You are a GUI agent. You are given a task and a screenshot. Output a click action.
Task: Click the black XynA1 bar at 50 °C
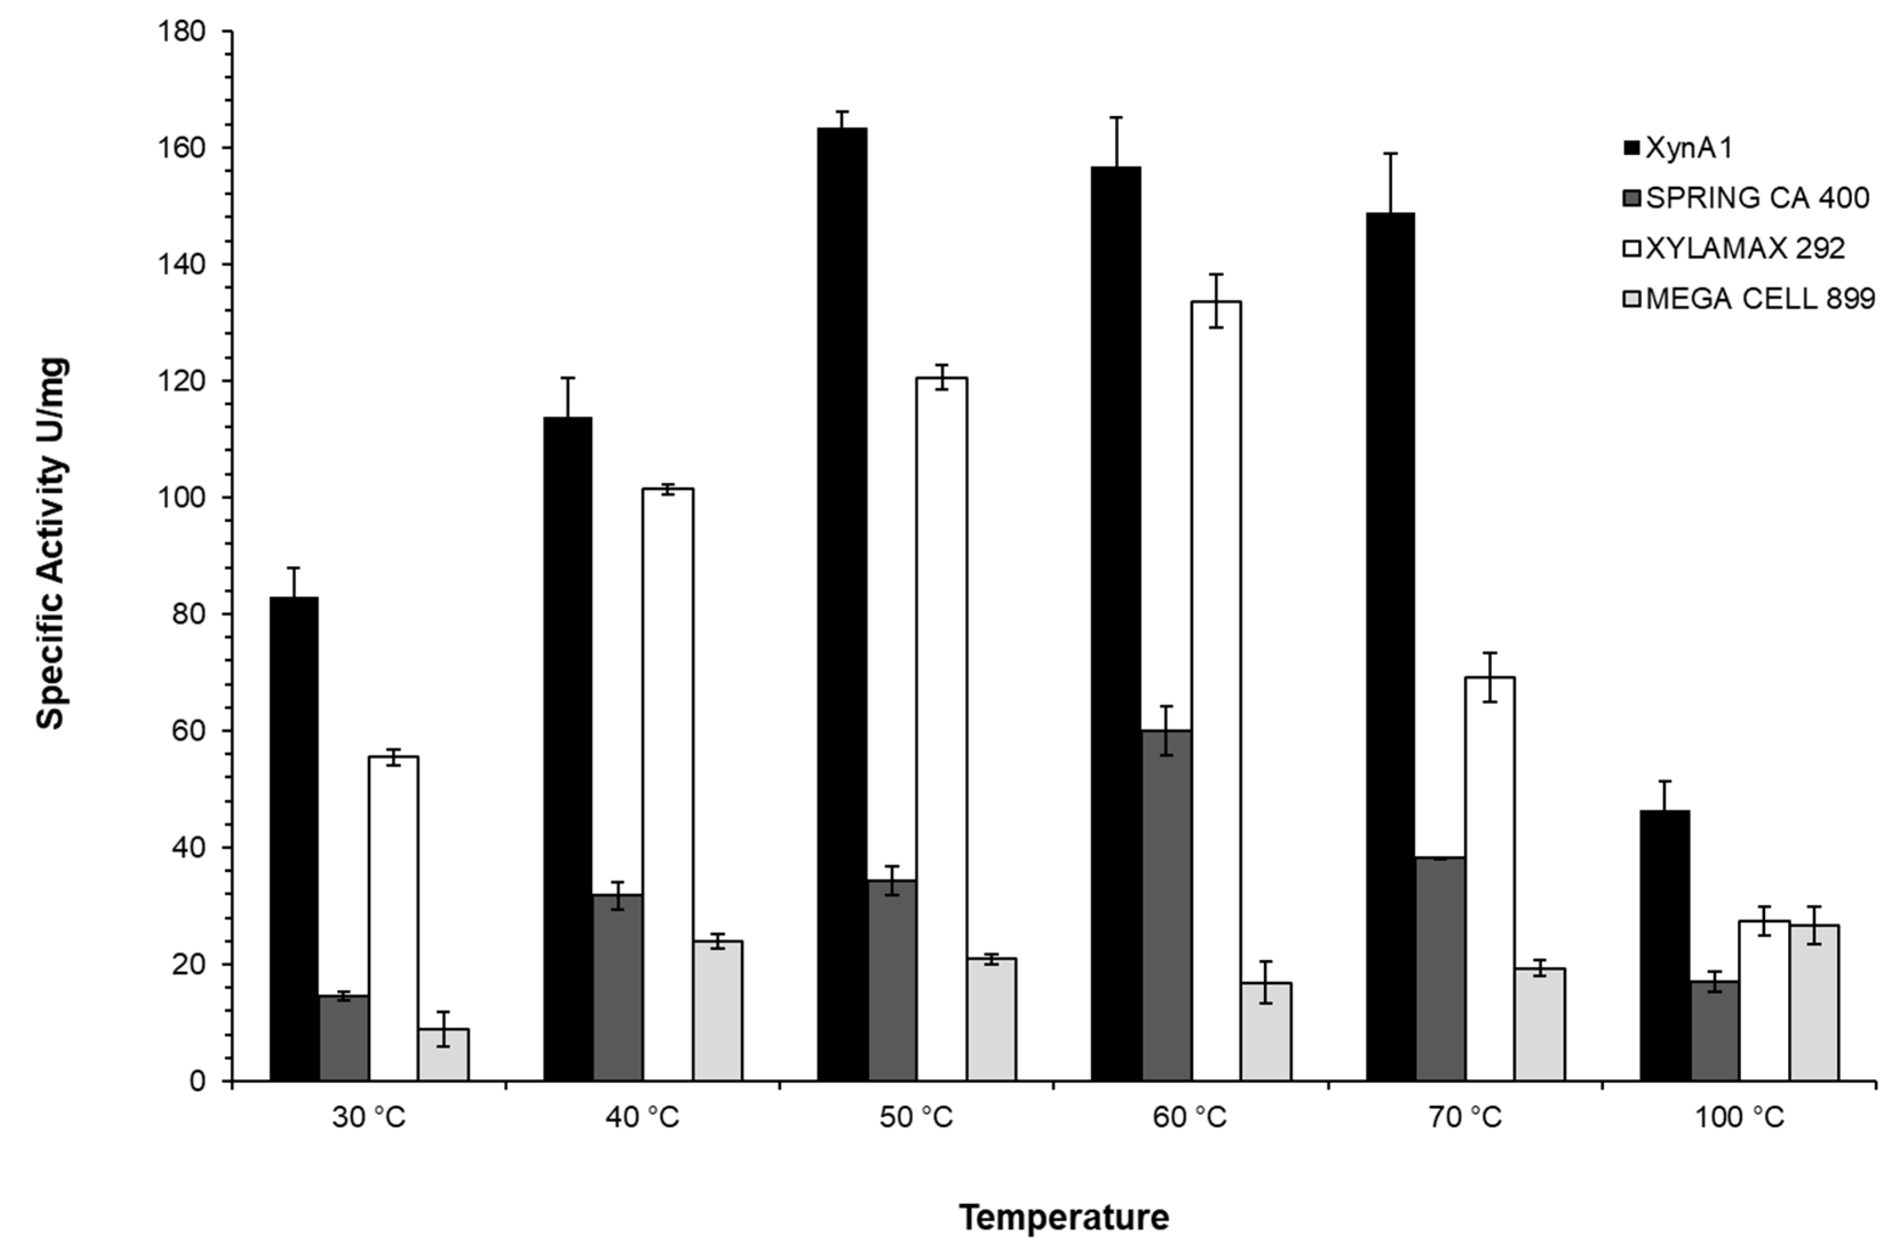tap(842, 605)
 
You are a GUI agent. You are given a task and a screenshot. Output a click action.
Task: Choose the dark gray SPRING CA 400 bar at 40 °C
tap(618, 988)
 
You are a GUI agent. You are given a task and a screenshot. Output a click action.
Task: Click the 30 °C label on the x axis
tap(368, 1118)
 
